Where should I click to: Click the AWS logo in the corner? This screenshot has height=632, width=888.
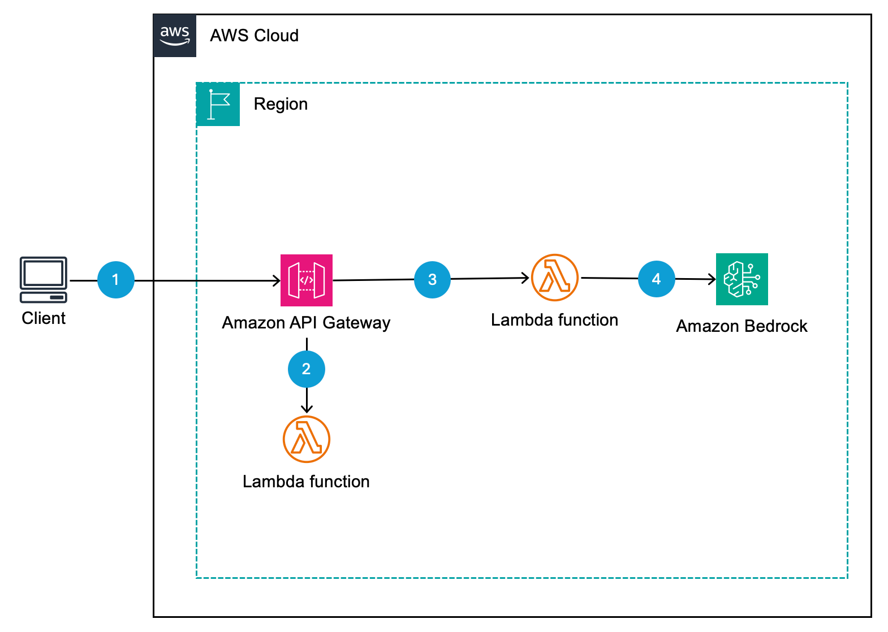[x=175, y=36]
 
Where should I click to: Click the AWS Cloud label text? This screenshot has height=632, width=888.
[x=254, y=36]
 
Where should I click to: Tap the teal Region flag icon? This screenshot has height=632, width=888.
[x=218, y=105]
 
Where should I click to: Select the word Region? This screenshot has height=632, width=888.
[x=281, y=104]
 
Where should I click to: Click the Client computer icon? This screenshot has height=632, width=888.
[x=44, y=280]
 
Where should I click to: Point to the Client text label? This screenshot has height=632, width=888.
[x=44, y=318]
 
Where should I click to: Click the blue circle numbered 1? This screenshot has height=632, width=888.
[x=116, y=280]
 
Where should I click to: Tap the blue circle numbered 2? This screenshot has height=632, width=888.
[x=307, y=369]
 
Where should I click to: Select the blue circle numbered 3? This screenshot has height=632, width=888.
[x=432, y=280]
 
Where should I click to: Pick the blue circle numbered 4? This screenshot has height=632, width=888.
[x=656, y=279]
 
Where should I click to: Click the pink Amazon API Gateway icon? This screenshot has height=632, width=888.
[x=307, y=280]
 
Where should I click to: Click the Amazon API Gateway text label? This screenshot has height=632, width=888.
[x=306, y=323]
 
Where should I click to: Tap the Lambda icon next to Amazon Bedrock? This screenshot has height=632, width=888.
[x=555, y=278]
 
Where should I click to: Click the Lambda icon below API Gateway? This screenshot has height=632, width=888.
[x=307, y=439]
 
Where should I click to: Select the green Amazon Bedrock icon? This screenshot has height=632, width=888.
[x=742, y=279]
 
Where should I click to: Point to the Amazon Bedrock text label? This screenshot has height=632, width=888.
[x=742, y=326]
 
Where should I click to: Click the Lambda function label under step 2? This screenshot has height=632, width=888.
[x=306, y=482]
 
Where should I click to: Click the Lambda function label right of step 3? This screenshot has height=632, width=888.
[x=554, y=320]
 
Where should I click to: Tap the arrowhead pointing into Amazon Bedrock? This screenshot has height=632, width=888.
[x=713, y=279]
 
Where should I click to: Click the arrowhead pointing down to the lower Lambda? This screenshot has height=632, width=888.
[x=307, y=409]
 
